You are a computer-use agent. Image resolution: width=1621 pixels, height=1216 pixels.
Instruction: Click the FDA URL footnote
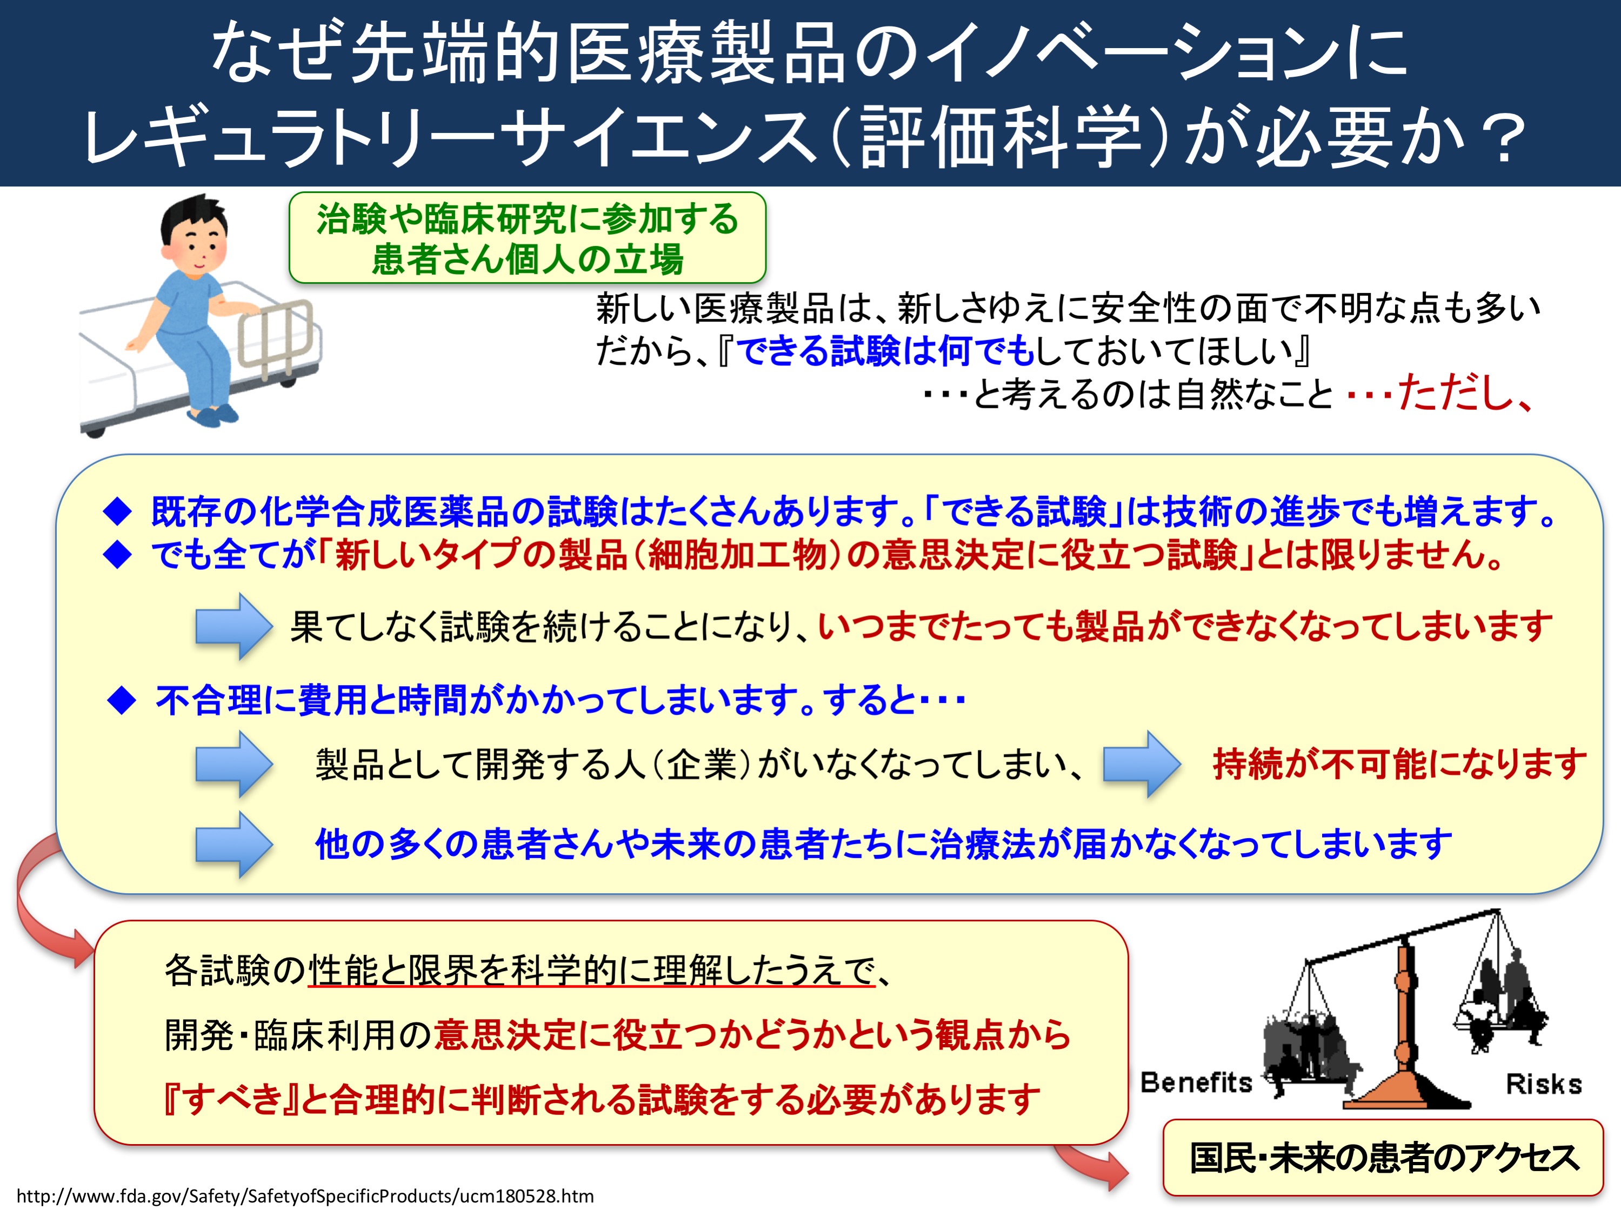[x=305, y=1196]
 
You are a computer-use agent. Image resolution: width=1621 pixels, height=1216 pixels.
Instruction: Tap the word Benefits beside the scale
[x=1196, y=1082]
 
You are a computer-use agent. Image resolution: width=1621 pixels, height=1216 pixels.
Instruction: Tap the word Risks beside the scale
[x=1543, y=1084]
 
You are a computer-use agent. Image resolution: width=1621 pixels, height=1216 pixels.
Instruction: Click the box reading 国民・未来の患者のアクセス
[x=1383, y=1158]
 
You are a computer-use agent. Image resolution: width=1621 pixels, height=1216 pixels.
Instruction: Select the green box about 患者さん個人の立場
[x=527, y=237]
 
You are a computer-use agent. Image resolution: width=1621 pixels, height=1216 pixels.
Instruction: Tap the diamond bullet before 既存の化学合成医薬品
[x=117, y=511]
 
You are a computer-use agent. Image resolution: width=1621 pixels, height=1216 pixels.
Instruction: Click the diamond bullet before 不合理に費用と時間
[x=122, y=701]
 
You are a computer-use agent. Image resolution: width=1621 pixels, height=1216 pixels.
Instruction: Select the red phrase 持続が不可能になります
[x=1399, y=764]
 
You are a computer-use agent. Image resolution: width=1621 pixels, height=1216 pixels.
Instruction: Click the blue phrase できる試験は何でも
[x=884, y=350]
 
